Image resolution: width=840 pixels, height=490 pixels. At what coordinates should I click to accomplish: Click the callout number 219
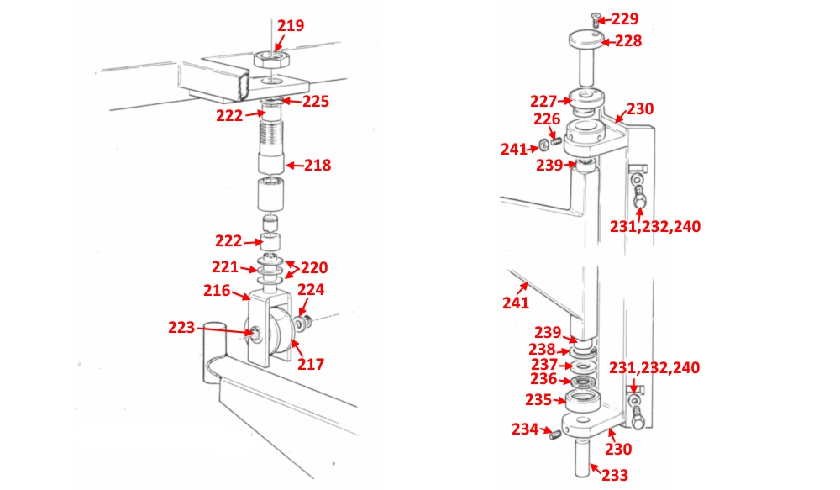point(291,26)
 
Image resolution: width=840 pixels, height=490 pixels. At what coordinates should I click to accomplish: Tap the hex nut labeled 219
point(272,59)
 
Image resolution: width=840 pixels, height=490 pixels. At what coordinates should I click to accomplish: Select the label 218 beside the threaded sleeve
point(318,166)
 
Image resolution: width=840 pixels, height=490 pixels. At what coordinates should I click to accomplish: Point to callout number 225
point(316,102)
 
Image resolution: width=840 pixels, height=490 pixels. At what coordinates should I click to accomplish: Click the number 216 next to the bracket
point(217,291)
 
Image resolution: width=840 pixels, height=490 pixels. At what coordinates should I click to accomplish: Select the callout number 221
point(225,267)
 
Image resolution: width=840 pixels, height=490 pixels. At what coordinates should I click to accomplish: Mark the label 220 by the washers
point(314,268)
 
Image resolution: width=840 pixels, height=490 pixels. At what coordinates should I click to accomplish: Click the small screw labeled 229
point(595,18)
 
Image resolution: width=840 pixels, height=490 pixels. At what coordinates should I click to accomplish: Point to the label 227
point(543,101)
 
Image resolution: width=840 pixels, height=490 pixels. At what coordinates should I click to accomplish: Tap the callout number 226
point(546,119)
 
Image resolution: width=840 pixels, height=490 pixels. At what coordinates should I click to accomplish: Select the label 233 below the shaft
point(615,475)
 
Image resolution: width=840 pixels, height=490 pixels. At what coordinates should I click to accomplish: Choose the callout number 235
point(538,399)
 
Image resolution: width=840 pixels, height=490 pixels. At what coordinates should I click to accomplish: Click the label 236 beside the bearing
point(543,379)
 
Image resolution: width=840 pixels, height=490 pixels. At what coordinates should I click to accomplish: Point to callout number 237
point(543,364)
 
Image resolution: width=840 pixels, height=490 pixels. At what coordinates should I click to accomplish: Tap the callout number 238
point(541,349)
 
